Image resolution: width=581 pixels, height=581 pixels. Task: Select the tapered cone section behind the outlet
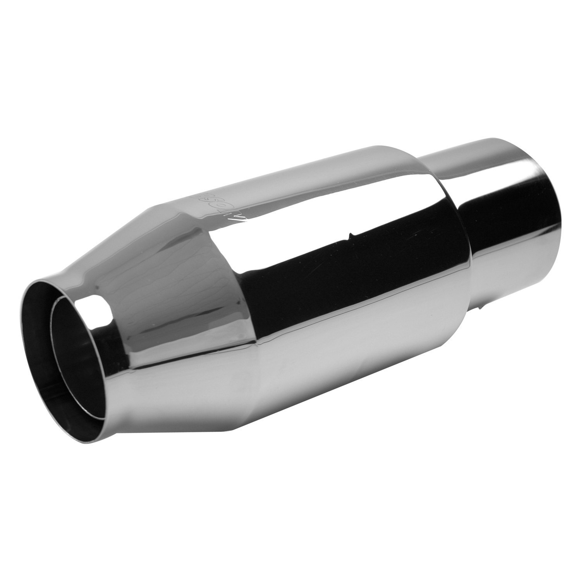(163, 294)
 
